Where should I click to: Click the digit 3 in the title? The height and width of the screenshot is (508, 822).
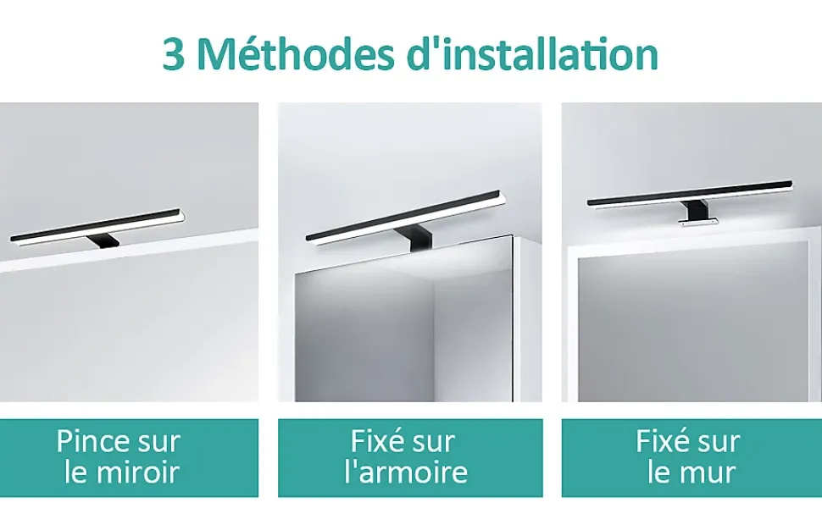(173, 55)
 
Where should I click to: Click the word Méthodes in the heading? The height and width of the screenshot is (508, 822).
(297, 53)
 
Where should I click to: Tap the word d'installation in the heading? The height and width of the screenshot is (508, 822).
(532, 53)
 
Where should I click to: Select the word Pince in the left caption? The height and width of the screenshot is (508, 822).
(92, 441)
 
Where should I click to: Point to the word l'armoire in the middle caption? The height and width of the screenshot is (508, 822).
(406, 472)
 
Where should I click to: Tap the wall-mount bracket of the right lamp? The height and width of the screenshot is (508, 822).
(693, 212)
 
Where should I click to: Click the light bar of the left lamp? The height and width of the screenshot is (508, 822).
(97, 226)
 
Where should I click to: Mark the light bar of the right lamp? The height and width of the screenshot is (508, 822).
(690, 194)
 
